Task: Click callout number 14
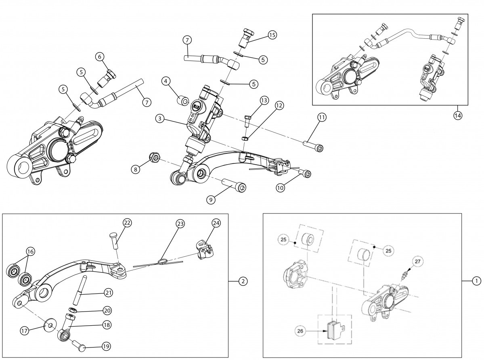coord(458,115)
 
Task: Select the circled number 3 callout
coord(161,119)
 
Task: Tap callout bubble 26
coord(300,332)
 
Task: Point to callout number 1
coord(476,281)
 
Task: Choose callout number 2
coord(243,282)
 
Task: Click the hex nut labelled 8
coord(154,157)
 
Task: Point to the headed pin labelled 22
coord(115,242)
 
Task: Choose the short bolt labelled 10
coord(306,174)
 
